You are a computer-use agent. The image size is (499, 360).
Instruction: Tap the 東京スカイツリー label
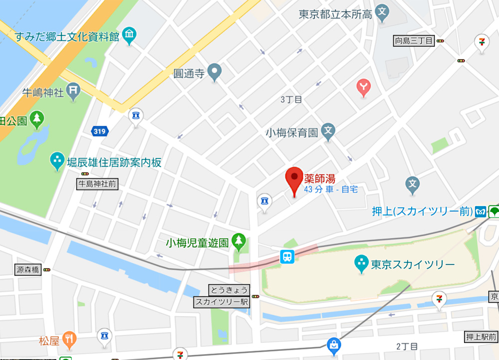(412, 264)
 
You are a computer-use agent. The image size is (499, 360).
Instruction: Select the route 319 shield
(99, 131)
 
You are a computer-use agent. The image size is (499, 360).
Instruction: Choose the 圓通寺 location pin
(215, 73)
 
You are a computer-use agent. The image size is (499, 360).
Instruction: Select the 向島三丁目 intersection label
(414, 41)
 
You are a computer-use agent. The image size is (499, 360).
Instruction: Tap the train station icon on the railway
(287, 256)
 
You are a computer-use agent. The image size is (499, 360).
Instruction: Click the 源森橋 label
(27, 270)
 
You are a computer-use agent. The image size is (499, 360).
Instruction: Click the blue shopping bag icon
(333, 344)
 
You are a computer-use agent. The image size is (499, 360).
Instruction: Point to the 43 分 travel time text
(313, 189)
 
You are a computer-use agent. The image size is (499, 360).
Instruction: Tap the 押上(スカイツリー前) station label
(422, 211)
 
